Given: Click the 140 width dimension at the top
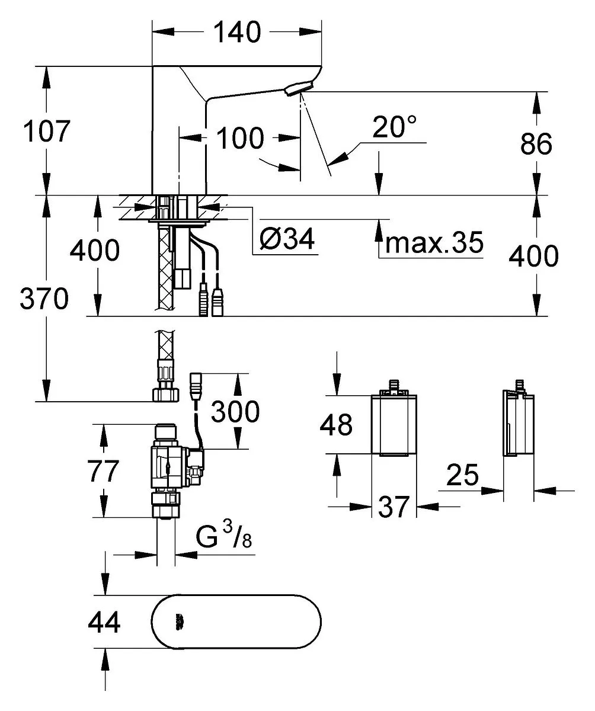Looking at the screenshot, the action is pyautogui.click(x=237, y=32).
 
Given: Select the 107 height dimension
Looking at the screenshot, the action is pyautogui.click(x=47, y=131).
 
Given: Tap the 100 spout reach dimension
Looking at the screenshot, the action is pyautogui.click(x=240, y=138).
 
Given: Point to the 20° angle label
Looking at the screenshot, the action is pyautogui.click(x=395, y=127).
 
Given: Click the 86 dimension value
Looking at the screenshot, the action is pyautogui.click(x=536, y=144).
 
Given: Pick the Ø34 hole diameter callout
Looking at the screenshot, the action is pyautogui.click(x=287, y=239).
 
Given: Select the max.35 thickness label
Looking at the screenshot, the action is pyautogui.click(x=434, y=242).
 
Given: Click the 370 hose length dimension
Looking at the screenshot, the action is pyautogui.click(x=44, y=299).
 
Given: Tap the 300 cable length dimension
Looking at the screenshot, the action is pyautogui.click(x=235, y=412).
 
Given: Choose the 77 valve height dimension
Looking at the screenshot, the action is pyautogui.click(x=103, y=471).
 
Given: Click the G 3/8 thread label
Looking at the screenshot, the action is pyautogui.click(x=224, y=536).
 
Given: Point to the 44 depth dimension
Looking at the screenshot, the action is pyautogui.click(x=104, y=622).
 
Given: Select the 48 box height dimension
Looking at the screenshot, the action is pyautogui.click(x=336, y=425).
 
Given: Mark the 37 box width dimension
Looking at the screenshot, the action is pyautogui.click(x=394, y=507).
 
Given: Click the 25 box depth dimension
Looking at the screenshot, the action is pyautogui.click(x=462, y=475).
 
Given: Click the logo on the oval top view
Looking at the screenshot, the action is pyautogui.click(x=178, y=622).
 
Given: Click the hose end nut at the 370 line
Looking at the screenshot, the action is pyautogui.click(x=166, y=395).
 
